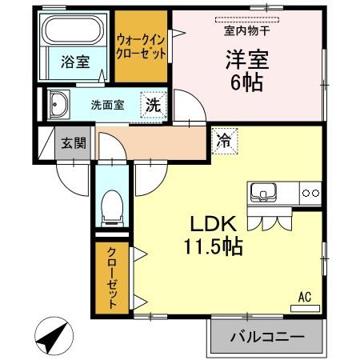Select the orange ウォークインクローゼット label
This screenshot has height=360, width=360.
tap(141, 46)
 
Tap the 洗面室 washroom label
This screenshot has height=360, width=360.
tap(107, 104)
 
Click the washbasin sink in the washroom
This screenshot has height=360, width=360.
tap(59, 104)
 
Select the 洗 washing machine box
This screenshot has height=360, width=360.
tap(153, 104)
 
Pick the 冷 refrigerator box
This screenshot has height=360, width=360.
tap(223, 141)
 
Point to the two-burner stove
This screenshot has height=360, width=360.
tap(311, 193)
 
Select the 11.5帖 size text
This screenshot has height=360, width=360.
tap(214, 247)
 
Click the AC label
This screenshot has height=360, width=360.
tap(305, 297)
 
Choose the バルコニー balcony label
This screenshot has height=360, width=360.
tap(268, 337)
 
